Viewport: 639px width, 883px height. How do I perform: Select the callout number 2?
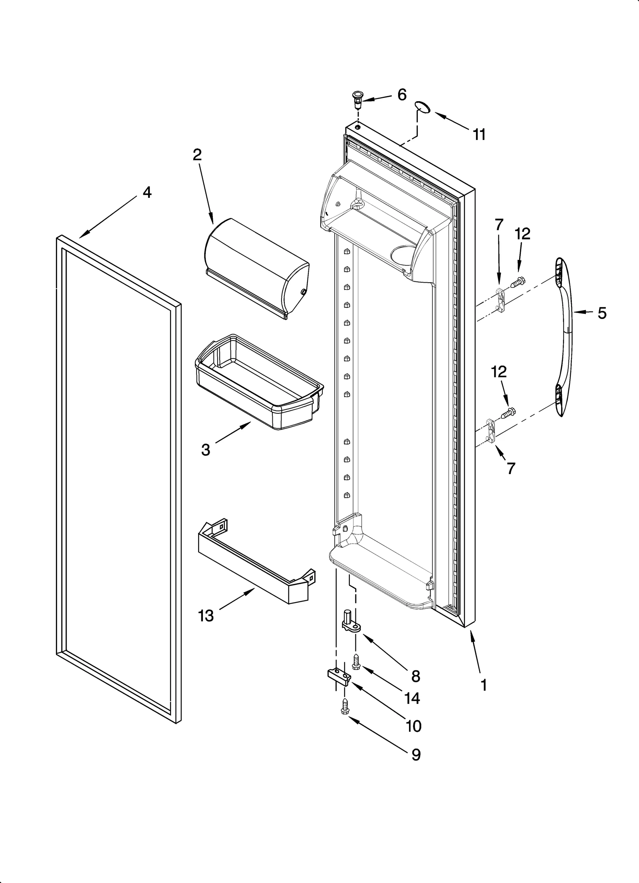(x=197, y=155)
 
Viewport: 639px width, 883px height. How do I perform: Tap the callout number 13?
(x=206, y=616)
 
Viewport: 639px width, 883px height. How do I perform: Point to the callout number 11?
(x=479, y=135)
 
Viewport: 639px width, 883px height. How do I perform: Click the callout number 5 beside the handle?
(x=602, y=313)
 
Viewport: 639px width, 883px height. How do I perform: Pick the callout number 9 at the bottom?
(x=416, y=755)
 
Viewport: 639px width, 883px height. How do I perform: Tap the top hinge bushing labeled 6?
(x=357, y=97)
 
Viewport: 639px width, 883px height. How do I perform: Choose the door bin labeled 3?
(x=259, y=382)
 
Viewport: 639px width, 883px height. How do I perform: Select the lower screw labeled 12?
(x=507, y=412)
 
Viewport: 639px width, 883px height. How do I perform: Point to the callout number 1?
(x=484, y=686)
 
